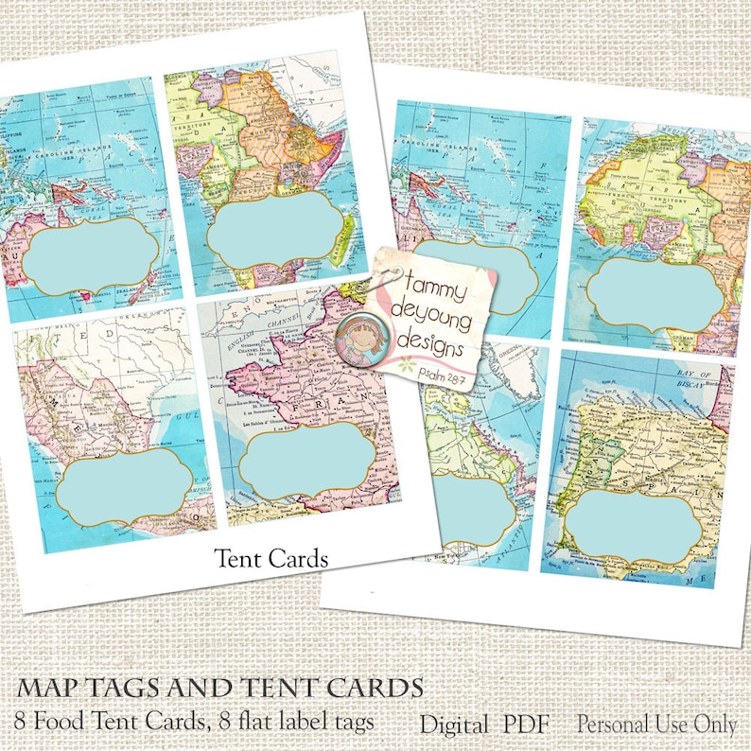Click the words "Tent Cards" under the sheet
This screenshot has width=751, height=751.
[x=271, y=559]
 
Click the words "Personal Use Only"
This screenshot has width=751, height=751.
[x=657, y=725]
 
